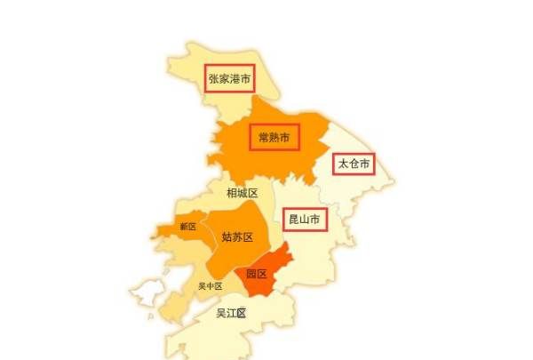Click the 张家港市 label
tap(229, 79)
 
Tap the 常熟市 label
tap(274, 137)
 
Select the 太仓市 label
tap(354, 164)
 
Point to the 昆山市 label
tap(304, 218)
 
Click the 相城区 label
tap(242, 193)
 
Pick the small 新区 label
tap(187, 227)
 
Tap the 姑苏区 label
tap(237, 237)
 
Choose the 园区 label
tap(257, 274)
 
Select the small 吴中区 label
tap(211, 286)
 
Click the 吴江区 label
tap(232, 313)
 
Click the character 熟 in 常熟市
tap(274, 137)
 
